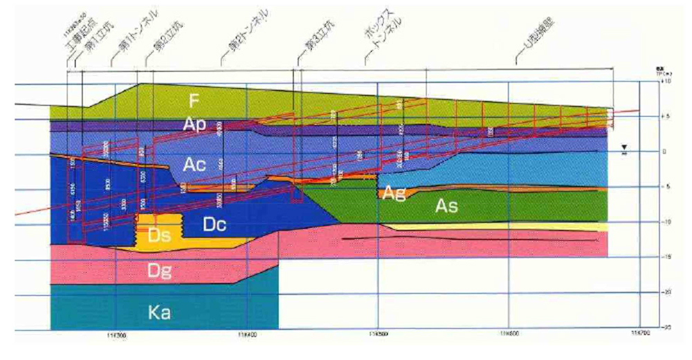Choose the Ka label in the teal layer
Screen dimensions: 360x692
pyautogui.click(x=160, y=313)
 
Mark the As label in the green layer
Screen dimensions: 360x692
pyautogui.click(x=446, y=206)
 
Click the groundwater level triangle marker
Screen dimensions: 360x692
pyautogui.click(x=625, y=148)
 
